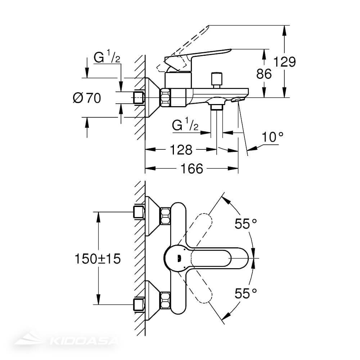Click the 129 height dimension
click(284, 62)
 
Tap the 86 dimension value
click(264, 74)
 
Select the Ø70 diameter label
click(87, 98)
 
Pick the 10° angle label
click(272, 137)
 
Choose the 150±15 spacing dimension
click(97, 258)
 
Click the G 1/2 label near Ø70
click(107, 58)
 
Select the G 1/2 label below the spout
click(185, 126)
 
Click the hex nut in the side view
click(166, 98)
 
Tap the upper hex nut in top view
click(166, 216)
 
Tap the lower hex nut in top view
click(166, 300)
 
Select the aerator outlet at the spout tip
click(238, 99)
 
